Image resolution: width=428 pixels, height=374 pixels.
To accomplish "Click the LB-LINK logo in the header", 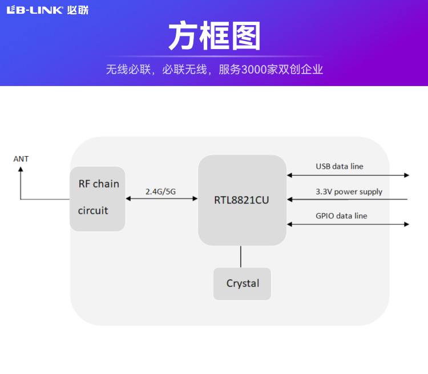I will pos(34,10).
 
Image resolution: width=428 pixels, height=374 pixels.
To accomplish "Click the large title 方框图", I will pos(214,37).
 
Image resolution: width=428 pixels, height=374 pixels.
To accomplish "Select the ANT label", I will pos(21,159).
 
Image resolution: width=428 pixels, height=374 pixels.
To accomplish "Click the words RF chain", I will pos(99,184).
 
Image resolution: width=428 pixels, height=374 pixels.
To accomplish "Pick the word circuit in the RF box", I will pos(93,210).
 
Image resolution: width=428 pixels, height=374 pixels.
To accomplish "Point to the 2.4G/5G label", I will pos(161,192).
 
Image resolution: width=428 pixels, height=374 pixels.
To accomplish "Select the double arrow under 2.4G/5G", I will pos(161,199).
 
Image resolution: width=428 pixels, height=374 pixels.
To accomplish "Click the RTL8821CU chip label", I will pos(241,200).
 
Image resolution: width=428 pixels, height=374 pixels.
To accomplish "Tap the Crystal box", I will pos(242,283).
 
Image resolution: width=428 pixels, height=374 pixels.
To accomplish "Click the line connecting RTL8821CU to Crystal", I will pos(241,257).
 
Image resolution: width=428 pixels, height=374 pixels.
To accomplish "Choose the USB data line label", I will pos(340,166).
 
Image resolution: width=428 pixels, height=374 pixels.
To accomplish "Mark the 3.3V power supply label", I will pos(349,192).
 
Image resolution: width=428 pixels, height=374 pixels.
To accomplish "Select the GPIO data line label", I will pos(341,216).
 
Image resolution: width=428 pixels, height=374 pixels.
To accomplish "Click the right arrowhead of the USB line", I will pos(406,175).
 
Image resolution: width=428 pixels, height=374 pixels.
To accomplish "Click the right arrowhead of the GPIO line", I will pos(406,224).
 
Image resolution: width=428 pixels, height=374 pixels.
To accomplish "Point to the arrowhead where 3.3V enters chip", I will pos(290,200).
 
